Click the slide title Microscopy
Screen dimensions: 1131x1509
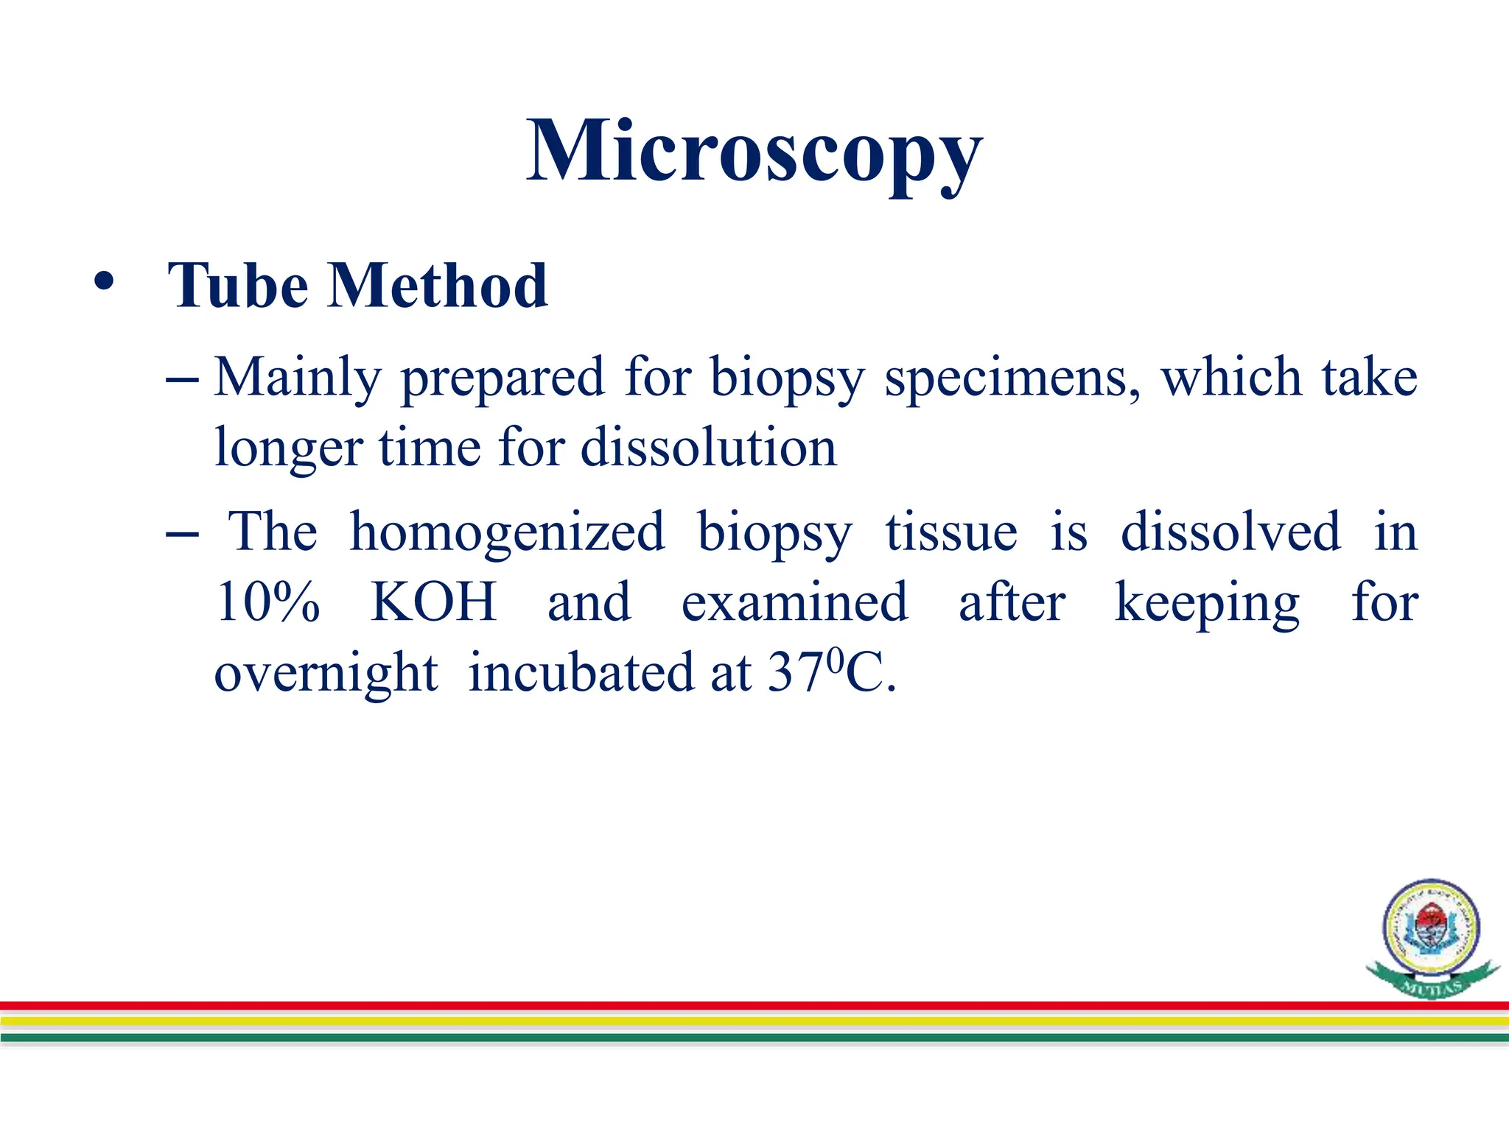click(754, 153)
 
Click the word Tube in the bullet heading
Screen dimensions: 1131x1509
click(237, 286)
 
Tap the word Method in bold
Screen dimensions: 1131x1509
click(438, 286)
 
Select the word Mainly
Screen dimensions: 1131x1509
click(298, 378)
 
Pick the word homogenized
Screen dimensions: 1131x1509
click(507, 532)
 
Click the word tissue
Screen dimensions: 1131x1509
click(950, 532)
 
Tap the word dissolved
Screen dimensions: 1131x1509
click(1230, 532)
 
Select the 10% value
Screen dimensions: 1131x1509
click(268, 602)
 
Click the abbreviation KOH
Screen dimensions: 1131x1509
click(433, 602)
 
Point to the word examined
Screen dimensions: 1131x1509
click(794, 602)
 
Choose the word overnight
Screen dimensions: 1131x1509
click(326, 673)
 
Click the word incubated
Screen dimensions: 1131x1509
click(581, 673)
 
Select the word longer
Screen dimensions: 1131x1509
click(288, 449)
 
